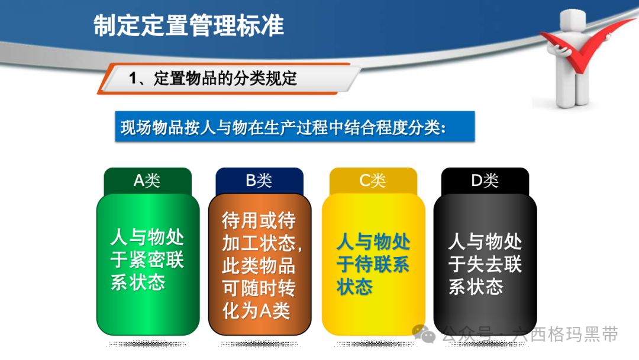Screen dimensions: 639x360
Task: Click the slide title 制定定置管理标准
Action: [x=189, y=25]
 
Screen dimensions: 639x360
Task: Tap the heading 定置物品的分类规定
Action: [x=225, y=79]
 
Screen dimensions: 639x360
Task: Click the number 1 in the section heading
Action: [x=133, y=79]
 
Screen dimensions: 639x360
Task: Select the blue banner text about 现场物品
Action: [x=283, y=128]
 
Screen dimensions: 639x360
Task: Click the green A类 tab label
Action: [x=147, y=180]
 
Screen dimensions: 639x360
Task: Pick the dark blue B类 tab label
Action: [x=259, y=180]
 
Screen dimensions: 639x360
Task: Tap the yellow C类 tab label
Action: [x=373, y=180]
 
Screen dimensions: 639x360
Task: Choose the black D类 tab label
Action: [x=485, y=180]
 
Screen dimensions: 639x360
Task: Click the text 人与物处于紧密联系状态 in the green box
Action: [x=147, y=259]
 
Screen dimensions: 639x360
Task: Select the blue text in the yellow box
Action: [x=373, y=263]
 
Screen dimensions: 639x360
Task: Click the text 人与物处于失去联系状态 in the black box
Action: [x=485, y=263]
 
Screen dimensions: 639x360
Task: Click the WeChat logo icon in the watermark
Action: [x=424, y=334]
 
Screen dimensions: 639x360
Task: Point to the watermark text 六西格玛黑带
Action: [x=566, y=335]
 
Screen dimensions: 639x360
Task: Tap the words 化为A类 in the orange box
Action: [x=256, y=311]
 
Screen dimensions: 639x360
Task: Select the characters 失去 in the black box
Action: [x=485, y=263]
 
